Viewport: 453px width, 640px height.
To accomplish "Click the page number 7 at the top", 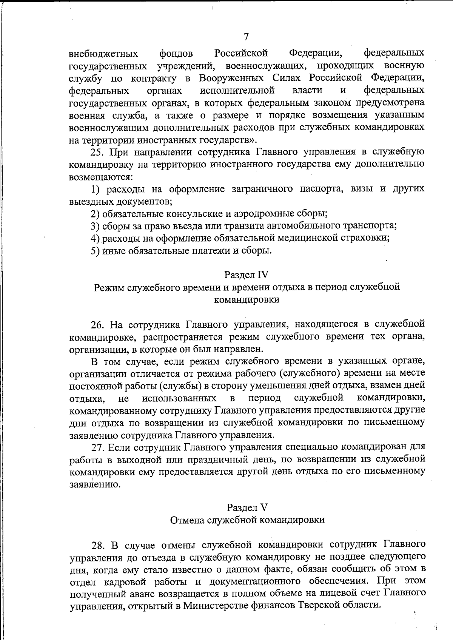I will coord(246,37).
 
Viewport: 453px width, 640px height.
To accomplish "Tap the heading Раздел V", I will coord(247,507).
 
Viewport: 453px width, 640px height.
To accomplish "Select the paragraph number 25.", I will coord(97,152).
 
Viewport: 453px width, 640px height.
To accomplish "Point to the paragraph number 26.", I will coord(98,324).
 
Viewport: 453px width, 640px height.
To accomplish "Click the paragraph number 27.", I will coord(98,447).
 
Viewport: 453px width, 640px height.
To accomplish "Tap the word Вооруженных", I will coord(231,78).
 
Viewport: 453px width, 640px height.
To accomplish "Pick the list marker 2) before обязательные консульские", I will coord(96,214).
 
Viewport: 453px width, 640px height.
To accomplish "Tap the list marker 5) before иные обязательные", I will coord(96,250).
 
